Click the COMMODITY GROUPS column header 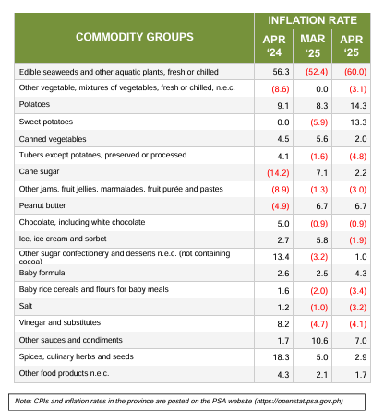(135, 37)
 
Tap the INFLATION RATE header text (312, 20)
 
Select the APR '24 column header (274, 46)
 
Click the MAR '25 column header (313, 46)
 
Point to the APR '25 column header (352, 46)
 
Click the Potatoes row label (34, 104)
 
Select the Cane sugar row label (39, 171)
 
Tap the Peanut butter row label (42, 205)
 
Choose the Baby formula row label (42, 273)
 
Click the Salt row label (26, 306)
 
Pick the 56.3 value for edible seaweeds (281, 72)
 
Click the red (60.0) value (355, 72)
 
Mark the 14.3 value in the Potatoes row (358, 106)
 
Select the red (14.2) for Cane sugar (278, 173)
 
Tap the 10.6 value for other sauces (319, 341)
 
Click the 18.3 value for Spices (281, 357)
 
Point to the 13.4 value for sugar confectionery (281, 257)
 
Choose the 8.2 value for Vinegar (283, 324)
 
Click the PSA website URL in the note (298, 402)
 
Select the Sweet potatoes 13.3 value (358, 122)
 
